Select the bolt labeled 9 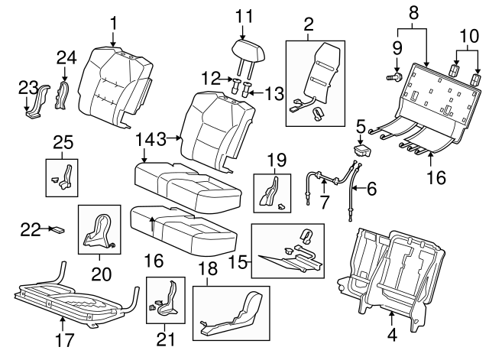click(x=395, y=77)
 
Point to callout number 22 click(x=29, y=228)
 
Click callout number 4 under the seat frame click(x=392, y=334)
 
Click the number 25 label click(x=64, y=141)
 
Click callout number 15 click(x=240, y=262)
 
